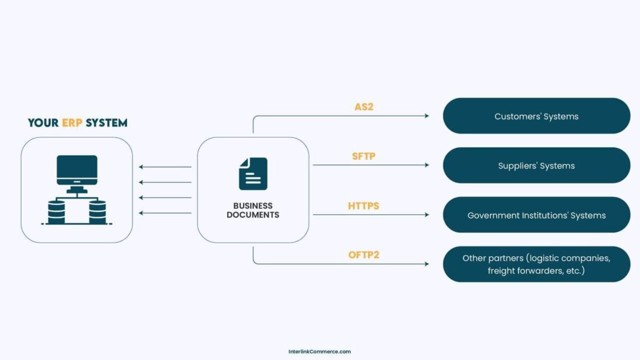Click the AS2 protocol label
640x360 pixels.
click(x=364, y=107)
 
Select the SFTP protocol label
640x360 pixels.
click(x=364, y=156)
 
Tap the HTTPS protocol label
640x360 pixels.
click(x=364, y=206)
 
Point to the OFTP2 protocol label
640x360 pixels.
click(x=364, y=255)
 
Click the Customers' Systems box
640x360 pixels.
click(x=536, y=116)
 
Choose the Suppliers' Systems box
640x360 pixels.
click(x=536, y=166)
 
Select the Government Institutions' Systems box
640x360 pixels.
click(x=536, y=215)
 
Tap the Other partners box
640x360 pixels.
click(x=536, y=264)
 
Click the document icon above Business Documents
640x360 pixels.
click(x=252, y=173)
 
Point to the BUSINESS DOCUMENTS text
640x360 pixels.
click(x=252, y=210)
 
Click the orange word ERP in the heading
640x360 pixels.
click(x=72, y=123)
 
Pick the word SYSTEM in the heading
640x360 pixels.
click(x=107, y=123)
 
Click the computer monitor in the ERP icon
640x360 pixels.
click(x=77, y=169)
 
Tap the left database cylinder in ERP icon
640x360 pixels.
click(x=56, y=212)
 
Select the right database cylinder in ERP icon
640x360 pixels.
click(x=97, y=212)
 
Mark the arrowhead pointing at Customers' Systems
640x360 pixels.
click(x=427, y=116)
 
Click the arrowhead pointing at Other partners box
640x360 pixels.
click(x=427, y=264)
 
